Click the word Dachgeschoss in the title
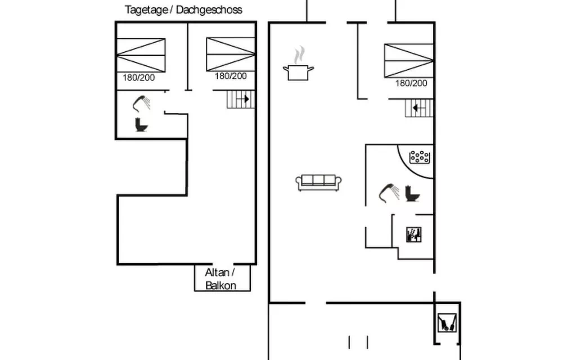pos(209,10)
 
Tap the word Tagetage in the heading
pos(146,10)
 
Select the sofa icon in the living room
pos(318,183)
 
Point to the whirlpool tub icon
pos(420,157)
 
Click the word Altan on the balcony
pos(217,273)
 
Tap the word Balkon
pos(220,285)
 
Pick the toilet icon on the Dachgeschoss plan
pos(141,124)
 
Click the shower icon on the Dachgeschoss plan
pos(141,103)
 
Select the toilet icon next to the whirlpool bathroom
pos(412,193)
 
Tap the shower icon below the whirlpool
pos(389,192)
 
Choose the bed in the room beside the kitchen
pos(409,61)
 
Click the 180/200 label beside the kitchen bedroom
pos(411,83)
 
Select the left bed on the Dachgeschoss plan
pos(141,55)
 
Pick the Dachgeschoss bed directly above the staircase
pos(231,55)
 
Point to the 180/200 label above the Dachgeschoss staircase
pos(231,76)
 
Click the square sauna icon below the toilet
pos(413,235)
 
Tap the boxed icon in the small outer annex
pos(447,322)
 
